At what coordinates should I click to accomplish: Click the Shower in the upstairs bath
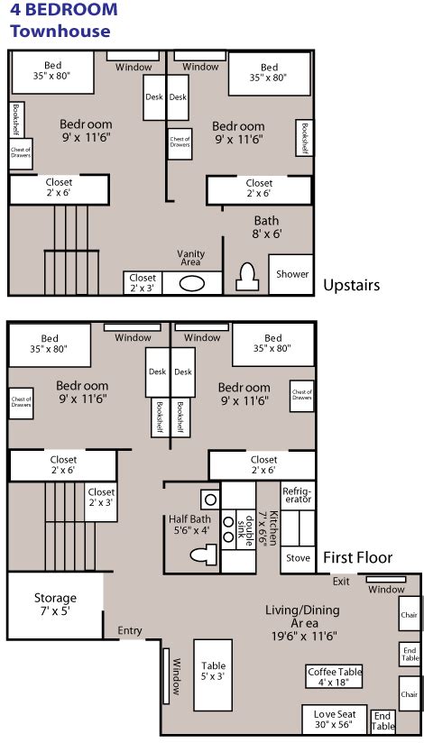pos(290,274)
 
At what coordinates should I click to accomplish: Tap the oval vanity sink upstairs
pos(192,283)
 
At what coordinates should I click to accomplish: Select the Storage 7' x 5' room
pos(55,605)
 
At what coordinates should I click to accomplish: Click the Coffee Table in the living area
pos(335,676)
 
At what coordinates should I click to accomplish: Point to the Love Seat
pos(336,720)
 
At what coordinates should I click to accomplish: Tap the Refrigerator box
pos(298,496)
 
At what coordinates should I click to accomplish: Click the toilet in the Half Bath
pos(203,555)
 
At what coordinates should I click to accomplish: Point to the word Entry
pos(130,630)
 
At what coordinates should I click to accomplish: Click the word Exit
pos(341,582)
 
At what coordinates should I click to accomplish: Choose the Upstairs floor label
pos(352,285)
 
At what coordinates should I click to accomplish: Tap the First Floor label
pos(357,558)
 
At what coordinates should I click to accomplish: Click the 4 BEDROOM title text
pos(63,9)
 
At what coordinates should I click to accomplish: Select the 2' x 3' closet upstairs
pos(143,282)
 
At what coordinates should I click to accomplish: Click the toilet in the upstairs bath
pos(247,278)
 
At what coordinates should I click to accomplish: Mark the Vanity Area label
pos(190,258)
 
